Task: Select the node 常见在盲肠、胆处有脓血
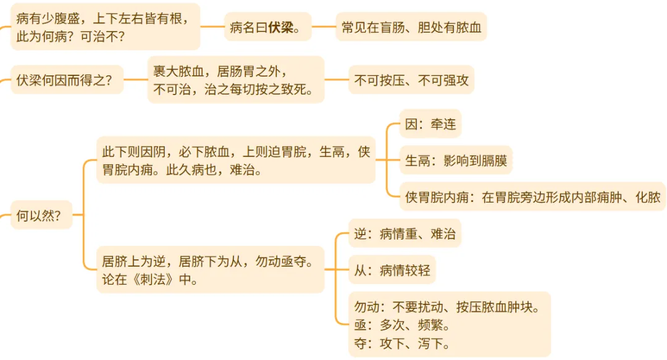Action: [411, 27]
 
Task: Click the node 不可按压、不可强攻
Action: [411, 80]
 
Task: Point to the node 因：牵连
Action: [430, 124]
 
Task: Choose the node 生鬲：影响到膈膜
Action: [456, 161]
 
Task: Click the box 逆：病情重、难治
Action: [405, 234]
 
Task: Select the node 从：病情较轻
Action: [392, 270]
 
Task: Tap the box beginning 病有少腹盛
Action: [105, 27]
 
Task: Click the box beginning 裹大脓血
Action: [236, 80]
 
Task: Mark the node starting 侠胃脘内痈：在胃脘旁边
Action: [532, 197]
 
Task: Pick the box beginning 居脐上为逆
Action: [210, 270]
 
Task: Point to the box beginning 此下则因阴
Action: [235, 161]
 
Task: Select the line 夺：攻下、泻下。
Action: [402, 343]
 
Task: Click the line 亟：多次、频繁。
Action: [402, 325]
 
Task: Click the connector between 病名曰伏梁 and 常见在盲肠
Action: [324, 27]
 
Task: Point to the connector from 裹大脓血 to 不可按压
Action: [337, 80]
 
